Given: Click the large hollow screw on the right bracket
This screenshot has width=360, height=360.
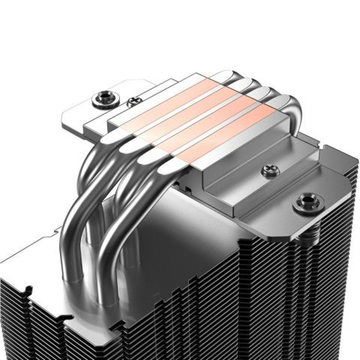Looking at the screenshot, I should (307, 200).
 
